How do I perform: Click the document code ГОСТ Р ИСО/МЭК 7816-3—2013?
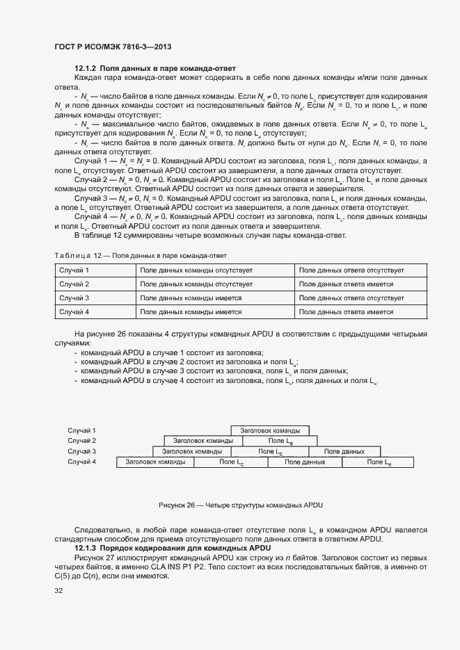[113, 47]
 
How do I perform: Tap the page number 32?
[58, 591]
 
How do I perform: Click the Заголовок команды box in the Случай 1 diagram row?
[270, 430]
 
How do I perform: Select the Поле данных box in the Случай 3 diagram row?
[344, 451]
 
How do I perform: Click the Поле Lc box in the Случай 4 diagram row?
[231, 462]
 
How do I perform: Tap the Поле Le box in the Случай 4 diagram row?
[379, 462]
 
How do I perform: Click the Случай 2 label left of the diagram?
[81, 441]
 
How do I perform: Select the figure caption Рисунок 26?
[241, 505]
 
